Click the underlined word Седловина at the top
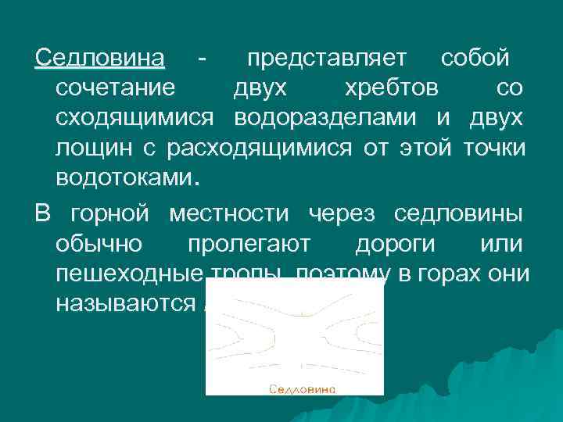pyautogui.click(x=101, y=59)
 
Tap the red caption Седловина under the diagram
pyautogui.click(x=303, y=388)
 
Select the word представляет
pyautogui.click(x=327, y=59)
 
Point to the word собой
pyautogui.click(x=475, y=59)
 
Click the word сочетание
pyautogui.click(x=116, y=88)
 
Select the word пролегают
pyautogui.click(x=249, y=245)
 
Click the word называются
pyautogui.click(x=124, y=304)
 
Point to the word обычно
pyautogui.click(x=99, y=245)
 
